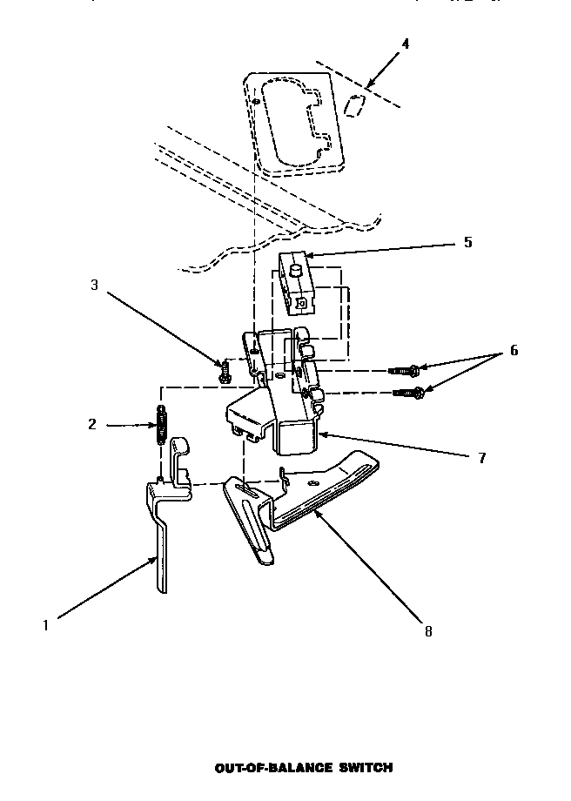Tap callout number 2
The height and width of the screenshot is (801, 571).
[x=92, y=425]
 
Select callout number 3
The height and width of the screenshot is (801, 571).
[x=94, y=285]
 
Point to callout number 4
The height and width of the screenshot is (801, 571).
[x=405, y=44]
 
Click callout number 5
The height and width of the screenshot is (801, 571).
[x=467, y=242]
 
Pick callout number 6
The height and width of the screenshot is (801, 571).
[x=514, y=351]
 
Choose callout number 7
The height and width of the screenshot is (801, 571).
[x=481, y=458]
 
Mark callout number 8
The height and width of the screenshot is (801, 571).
[x=427, y=631]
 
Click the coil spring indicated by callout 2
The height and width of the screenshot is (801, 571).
[x=161, y=426]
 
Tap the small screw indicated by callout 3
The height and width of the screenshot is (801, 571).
[x=225, y=372]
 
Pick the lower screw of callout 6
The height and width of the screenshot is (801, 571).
[x=409, y=393]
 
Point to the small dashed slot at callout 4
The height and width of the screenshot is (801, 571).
[x=354, y=105]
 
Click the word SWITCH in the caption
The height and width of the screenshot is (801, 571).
[x=362, y=768]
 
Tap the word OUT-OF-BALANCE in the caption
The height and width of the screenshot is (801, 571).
[x=260, y=768]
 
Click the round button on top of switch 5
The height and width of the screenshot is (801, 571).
[x=294, y=271]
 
